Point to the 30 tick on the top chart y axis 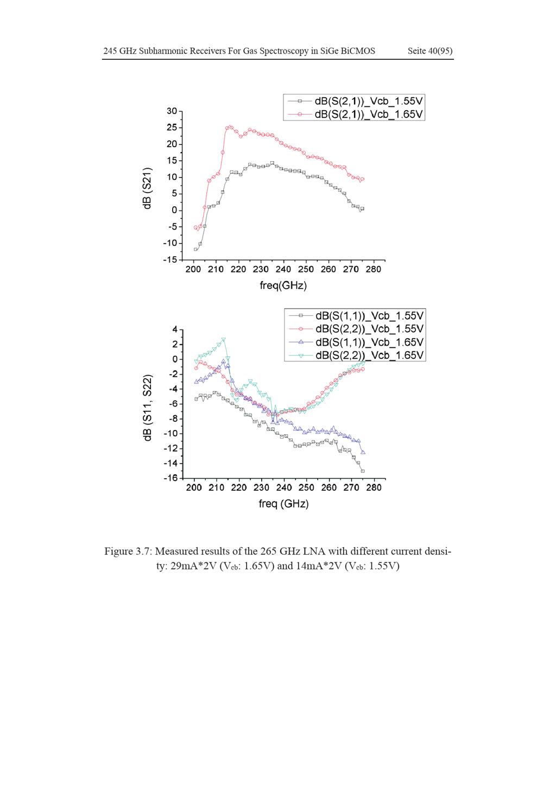point(172,111)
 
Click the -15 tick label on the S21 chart point(170,260)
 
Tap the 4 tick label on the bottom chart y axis point(175,329)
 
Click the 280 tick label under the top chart point(373,269)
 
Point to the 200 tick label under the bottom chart point(194,487)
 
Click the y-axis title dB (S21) point(148,188)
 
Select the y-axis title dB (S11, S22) point(148,408)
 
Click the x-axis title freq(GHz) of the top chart point(283,286)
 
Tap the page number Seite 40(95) point(430,51)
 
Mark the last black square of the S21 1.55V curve point(362,209)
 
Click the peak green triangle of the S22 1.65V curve point(224,340)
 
